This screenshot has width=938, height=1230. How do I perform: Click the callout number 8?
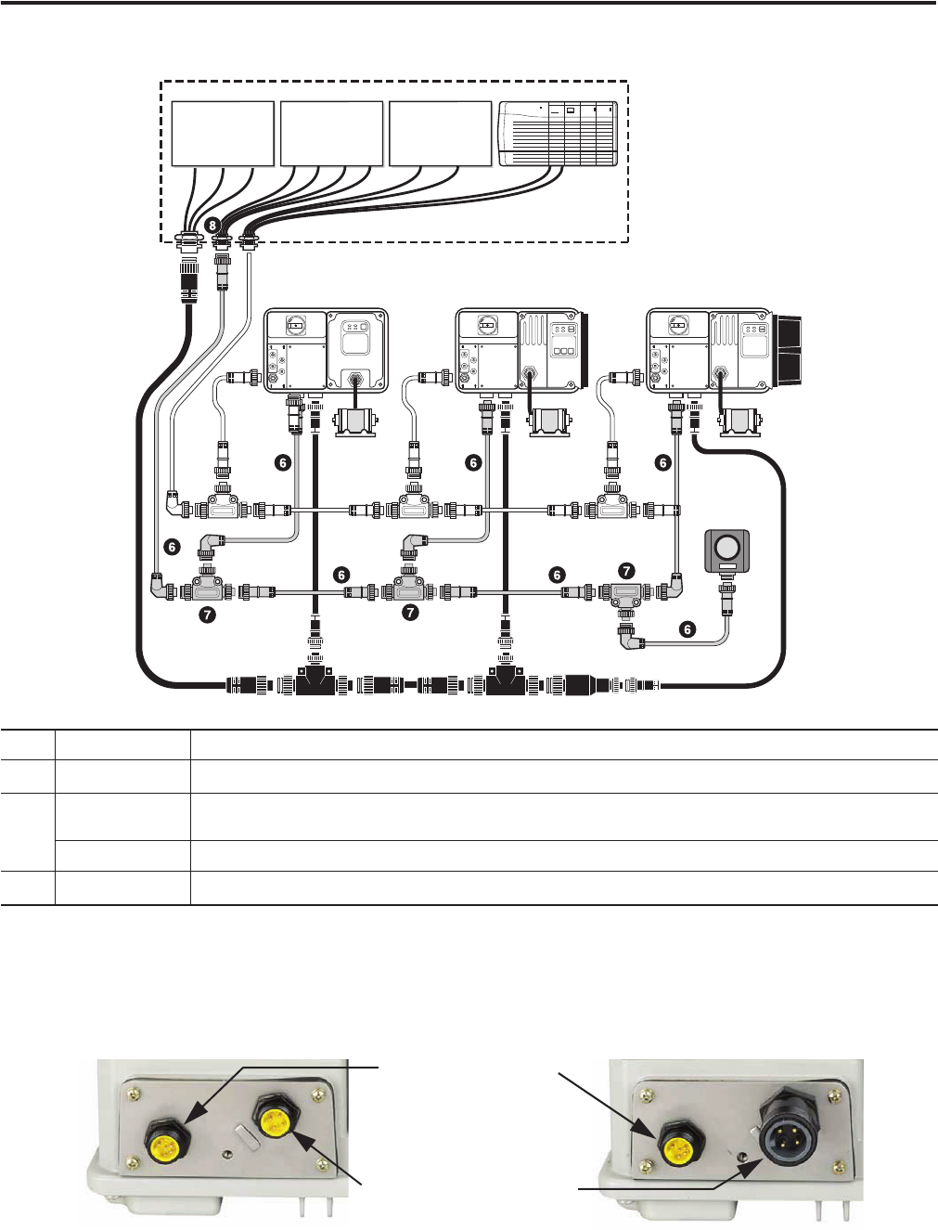212,226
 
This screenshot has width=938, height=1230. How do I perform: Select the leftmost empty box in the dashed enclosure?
223,134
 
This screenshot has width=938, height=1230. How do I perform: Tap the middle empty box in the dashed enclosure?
331,134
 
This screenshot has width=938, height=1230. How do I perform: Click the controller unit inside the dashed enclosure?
559,134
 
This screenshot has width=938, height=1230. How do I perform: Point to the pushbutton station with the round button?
727,550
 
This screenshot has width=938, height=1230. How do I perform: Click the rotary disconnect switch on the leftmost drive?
296,324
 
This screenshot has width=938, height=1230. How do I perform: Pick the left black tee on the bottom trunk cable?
315,681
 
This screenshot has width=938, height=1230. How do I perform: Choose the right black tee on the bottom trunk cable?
507,681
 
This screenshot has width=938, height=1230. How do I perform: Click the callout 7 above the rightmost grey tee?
626,571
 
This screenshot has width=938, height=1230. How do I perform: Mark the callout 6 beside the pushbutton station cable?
687,629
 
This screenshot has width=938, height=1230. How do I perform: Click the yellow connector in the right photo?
679,1148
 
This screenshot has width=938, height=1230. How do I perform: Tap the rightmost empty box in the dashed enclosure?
440,134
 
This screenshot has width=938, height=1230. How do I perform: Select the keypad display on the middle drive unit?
562,341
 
